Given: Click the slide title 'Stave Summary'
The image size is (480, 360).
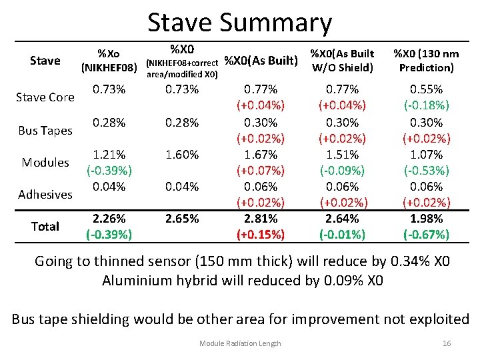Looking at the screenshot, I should click(239, 22).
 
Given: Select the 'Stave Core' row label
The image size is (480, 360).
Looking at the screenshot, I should click(45, 97).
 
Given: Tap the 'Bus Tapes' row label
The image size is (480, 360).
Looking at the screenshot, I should click(45, 131).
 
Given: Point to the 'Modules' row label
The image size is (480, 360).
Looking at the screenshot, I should click(45, 163).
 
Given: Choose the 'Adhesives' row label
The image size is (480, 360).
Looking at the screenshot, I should click(45, 195).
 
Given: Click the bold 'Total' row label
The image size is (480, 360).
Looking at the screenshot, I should click(45, 227).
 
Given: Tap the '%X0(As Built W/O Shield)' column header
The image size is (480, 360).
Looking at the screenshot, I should click(341, 60).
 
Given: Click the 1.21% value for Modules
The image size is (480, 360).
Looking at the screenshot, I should click(109, 155).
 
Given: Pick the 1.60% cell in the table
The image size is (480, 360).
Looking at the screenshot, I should click(182, 155).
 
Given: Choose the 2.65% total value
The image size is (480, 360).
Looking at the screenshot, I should click(182, 219).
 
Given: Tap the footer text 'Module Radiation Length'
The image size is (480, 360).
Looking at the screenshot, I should click(240, 343).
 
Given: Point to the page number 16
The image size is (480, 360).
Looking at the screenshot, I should click(447, 343).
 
